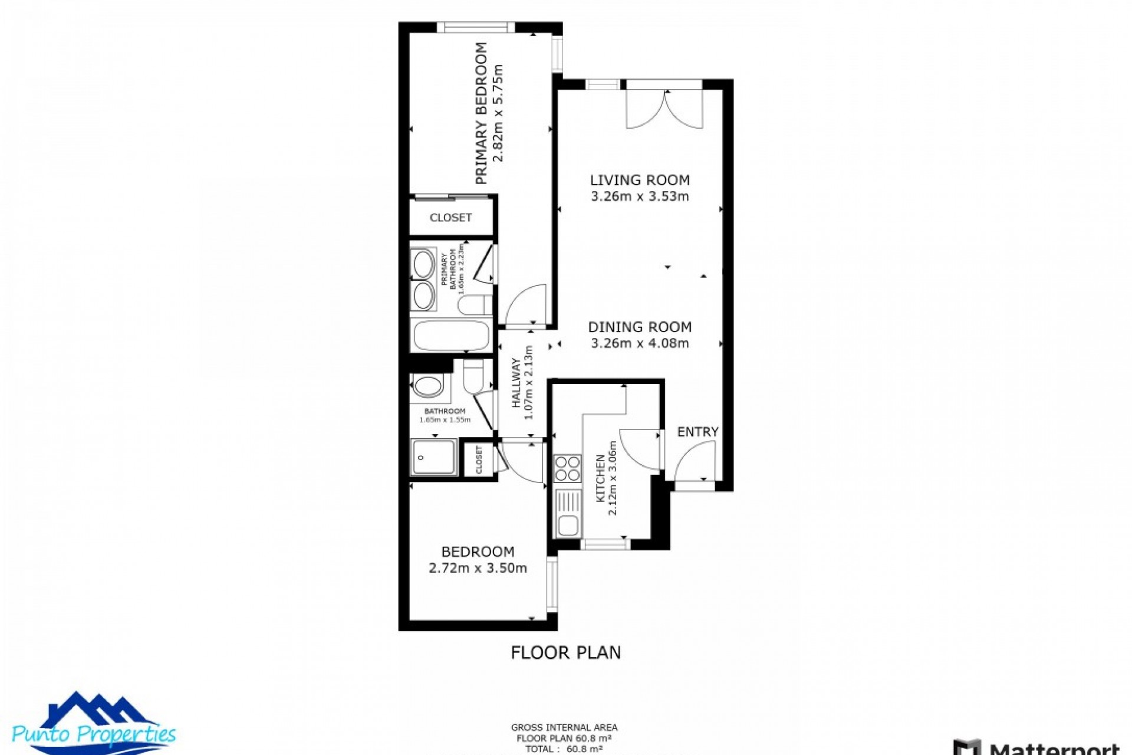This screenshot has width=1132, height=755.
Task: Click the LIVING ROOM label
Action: coord(640,180)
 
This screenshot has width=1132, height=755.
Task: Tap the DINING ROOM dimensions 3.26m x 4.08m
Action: coord(640,343)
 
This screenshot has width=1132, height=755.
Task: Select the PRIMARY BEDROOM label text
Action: coord(481,113)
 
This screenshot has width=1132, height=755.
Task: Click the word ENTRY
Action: coord(697,432)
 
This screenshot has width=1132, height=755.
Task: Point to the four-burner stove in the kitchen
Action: coord(567,469)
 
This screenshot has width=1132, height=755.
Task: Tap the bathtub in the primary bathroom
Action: coord(451,336)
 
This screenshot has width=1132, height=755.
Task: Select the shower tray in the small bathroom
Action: coord(434,457)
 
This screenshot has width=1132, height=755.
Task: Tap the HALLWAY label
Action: coord(516,383)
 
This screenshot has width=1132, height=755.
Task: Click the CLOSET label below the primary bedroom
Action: coord(450,218)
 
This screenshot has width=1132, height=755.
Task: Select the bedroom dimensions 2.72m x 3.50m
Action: coord(478,568)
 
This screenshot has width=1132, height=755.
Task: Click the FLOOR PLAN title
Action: coord(565,652)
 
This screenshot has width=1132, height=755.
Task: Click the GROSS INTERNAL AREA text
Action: coord(564,728)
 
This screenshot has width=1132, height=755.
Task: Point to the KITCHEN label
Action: coord(600,478)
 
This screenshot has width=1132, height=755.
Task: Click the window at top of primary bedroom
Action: coord(476,27)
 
